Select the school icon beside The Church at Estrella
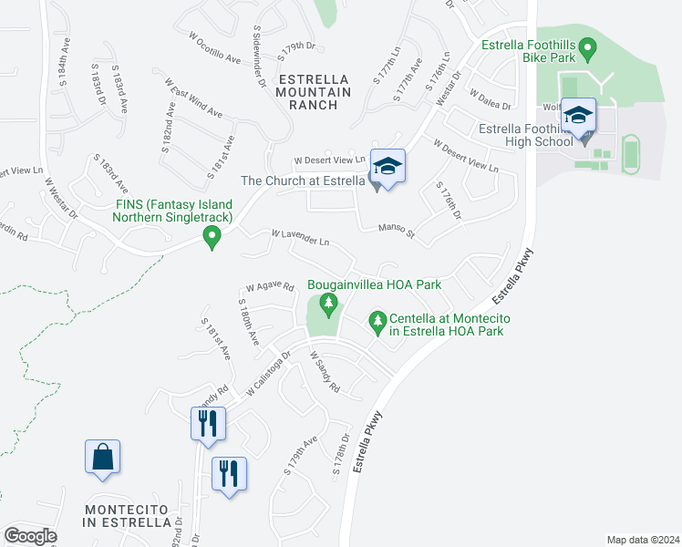pos(387,167)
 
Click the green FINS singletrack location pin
pos(212,239)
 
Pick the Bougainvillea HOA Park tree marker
pos(329,303)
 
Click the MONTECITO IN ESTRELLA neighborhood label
pos(127,515)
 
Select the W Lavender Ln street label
pos(300,239)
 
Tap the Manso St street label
pos(398,231)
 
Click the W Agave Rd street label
pos(269,286)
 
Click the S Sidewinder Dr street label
pos(260,57)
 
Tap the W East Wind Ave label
pos(193,98)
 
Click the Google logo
pos(30,535)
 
